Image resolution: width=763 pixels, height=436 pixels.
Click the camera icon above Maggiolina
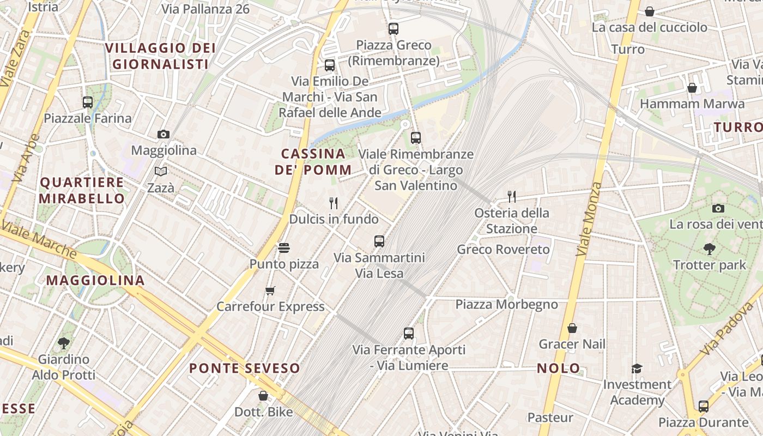click(x=163, y=134)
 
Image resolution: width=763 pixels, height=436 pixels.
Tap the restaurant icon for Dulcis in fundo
click(x=334, y=203)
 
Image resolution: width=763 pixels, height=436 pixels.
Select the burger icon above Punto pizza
click(x=283, y=248)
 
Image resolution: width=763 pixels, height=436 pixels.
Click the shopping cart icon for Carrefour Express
click(x=270, y=290)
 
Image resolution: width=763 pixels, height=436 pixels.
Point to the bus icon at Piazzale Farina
click(x=87, y=102)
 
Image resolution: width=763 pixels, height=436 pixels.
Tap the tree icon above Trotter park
click(x=709, y=249)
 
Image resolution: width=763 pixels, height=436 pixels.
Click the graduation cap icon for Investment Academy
click(x=637, y=369)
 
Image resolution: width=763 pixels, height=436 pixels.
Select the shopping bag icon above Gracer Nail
click(x=572, y=328)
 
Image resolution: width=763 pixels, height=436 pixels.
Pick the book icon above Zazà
click(x=161, y=172)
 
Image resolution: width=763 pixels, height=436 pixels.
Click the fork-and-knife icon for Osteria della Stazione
click(x=511, y=197)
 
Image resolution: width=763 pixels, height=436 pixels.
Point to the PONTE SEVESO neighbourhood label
click(x=245, y=368)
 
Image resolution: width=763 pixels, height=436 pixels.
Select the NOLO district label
click(x=559, y=368)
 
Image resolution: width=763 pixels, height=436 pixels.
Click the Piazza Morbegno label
click(x=507, y=304)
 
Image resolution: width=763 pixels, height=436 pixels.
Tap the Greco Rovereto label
click(x=504, y=250)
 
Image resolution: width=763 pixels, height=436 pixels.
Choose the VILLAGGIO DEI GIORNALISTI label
click(x=160, y=56)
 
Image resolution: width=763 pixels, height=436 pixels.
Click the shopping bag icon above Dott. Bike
click(x=263, y=396)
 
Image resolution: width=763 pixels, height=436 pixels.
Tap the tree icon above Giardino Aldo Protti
click(x=64, y=343)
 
